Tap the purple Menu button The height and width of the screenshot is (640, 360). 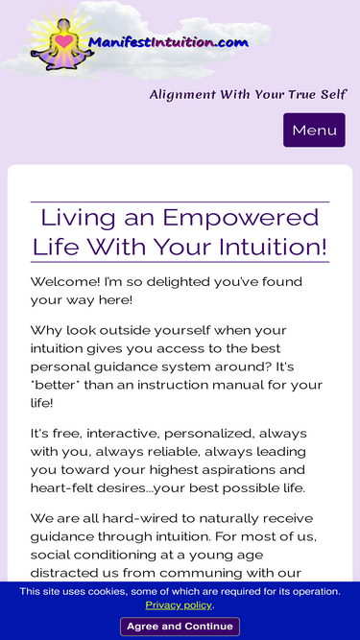click(x=314, y=130)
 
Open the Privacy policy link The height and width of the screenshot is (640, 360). click(x=179, y=604)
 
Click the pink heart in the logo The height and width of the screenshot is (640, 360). click(x=64, y=41)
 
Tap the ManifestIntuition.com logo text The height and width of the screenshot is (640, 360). click(x=168, y=42)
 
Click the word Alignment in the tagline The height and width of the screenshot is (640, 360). click(x=182, y=95)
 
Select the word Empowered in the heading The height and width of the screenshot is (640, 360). click(x=241, y=218)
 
